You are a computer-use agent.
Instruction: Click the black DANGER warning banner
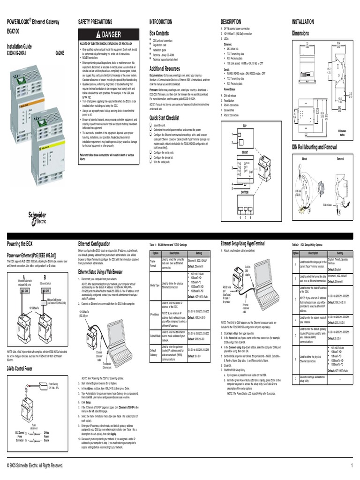108,34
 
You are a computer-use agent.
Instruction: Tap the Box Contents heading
159,34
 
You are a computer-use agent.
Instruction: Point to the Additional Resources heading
165,68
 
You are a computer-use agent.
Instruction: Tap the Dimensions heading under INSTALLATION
300,34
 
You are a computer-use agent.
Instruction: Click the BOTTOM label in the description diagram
245,192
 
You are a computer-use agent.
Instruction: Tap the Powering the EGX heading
20,244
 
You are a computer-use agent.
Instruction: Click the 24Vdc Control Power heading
20,368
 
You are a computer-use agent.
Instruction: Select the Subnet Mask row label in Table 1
155,336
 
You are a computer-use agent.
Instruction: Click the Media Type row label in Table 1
155,285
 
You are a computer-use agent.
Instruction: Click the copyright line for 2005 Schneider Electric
35,465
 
